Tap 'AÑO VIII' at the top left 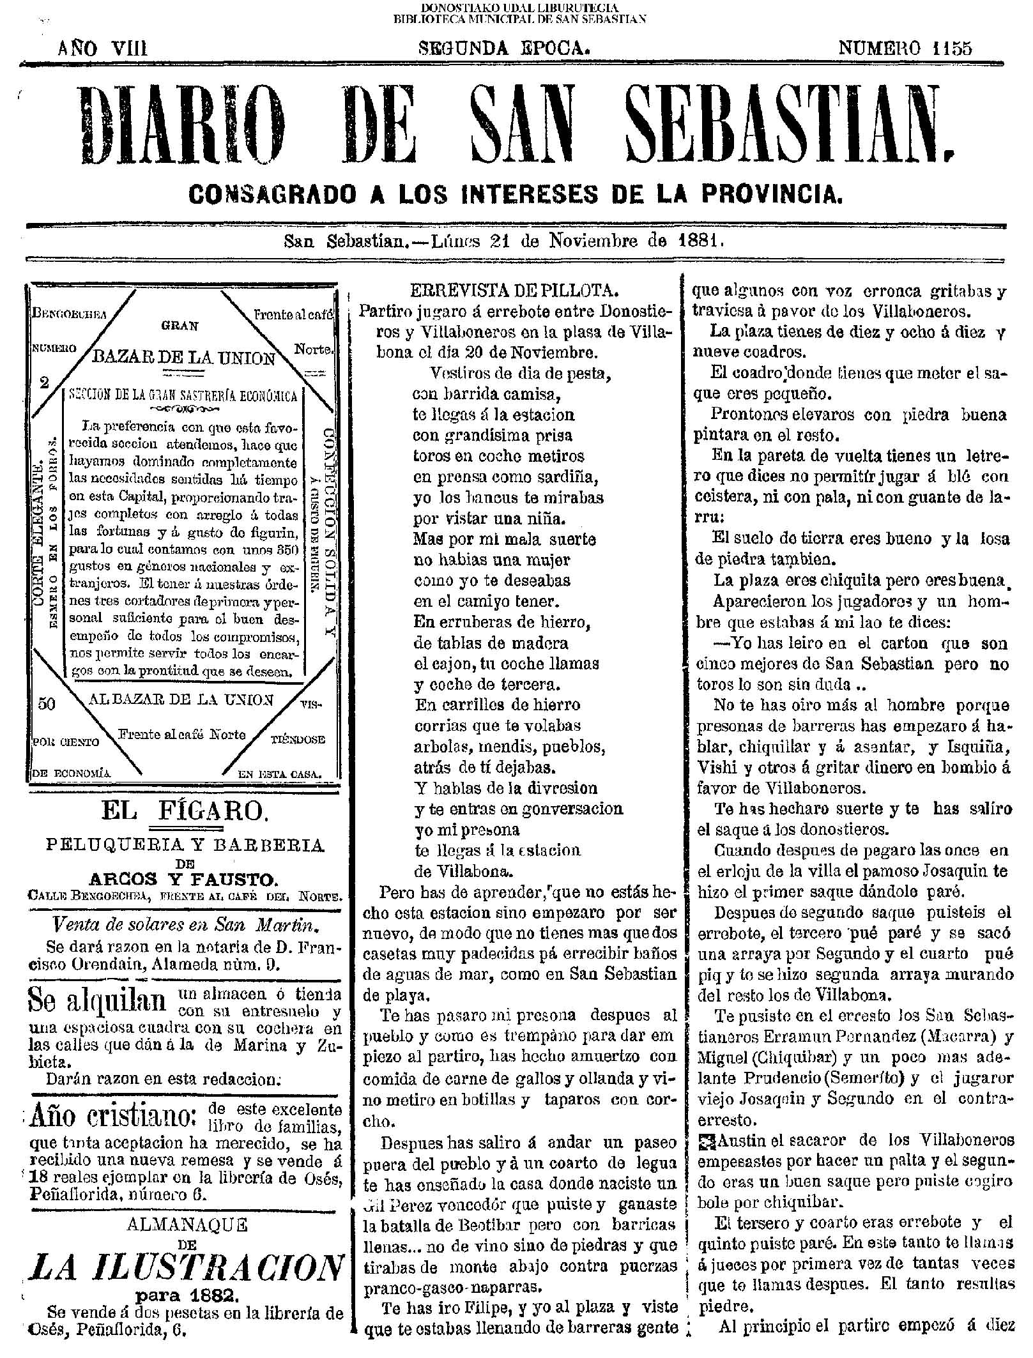click(x=102, y=49)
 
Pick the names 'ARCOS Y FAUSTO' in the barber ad click(x=184, y=880)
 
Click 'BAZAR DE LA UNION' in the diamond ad click(x=184, y=358)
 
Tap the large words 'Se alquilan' click(x=97, y=1002)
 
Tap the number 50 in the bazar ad click(x=47, y=704)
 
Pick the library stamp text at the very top click(x=520, y=13)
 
